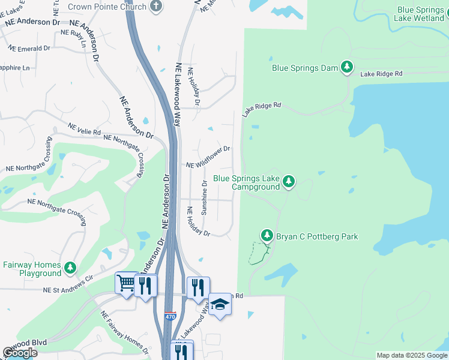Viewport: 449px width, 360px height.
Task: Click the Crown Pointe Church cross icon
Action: tap(156, 7)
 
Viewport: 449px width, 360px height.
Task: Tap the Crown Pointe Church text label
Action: tap(107, 7)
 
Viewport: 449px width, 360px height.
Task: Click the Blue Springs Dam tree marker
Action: tap(347, 68)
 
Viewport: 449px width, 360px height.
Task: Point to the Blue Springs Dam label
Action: tap(305, 68)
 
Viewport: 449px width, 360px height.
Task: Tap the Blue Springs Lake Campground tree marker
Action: tap(289, 181)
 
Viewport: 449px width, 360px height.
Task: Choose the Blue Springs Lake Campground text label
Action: tap(247, 182)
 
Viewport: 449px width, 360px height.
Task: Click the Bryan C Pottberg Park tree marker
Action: tap(267, 236)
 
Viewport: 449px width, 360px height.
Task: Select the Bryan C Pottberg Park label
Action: tap(317, 236)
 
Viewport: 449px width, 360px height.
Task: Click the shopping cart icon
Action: tap(125, 283)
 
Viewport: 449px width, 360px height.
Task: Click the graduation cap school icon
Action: tap(220, 305)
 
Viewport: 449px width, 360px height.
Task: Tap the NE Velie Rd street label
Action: tap(85, 129)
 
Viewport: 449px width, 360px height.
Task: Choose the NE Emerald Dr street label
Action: tap(29, 48)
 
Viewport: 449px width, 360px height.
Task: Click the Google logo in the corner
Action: tap(20, 352)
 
